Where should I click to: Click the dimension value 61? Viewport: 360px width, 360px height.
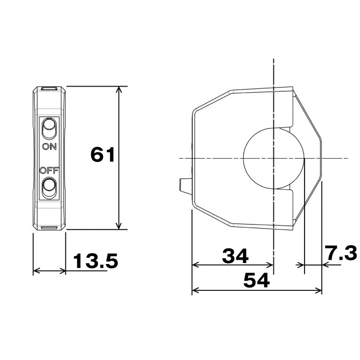(103, 155)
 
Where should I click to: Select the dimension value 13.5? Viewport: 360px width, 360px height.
(96, 261)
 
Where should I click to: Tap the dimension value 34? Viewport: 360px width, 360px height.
(235, 257)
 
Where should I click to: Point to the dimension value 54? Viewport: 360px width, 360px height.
(256, 281)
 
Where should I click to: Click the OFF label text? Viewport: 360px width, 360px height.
(48, 170)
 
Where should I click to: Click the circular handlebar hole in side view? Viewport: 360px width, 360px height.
(273, 158)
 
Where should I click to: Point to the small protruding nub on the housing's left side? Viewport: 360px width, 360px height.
(185, 186)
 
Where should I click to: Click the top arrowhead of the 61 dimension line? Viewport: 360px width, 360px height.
(120, 89)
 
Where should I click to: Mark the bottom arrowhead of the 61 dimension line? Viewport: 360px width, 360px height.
(120, 227)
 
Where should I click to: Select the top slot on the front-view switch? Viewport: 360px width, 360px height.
(49, 88)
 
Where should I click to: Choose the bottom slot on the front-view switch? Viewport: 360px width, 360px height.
(49, 228)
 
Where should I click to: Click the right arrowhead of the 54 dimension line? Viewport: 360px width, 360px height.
(320, 290)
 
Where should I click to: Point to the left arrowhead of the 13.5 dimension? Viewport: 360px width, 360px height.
(35, 271)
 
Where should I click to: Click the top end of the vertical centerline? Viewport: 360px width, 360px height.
(273, 60)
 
